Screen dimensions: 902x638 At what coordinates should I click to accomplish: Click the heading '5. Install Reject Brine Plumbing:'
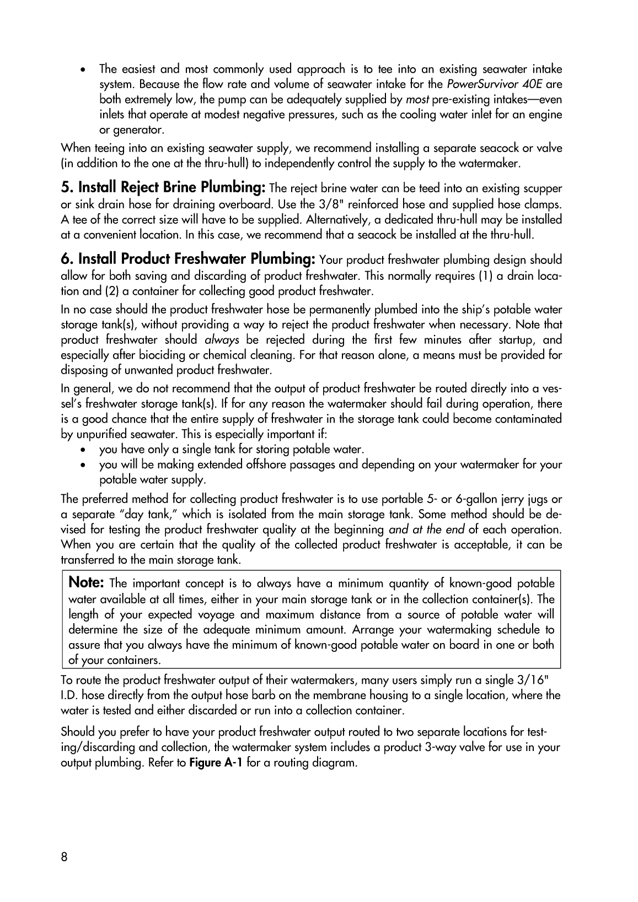tap(163, 187)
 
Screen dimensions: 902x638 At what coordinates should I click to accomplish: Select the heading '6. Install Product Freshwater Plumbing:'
tap(187, 258)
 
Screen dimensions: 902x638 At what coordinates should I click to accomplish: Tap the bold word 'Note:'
tap(87, 582)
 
